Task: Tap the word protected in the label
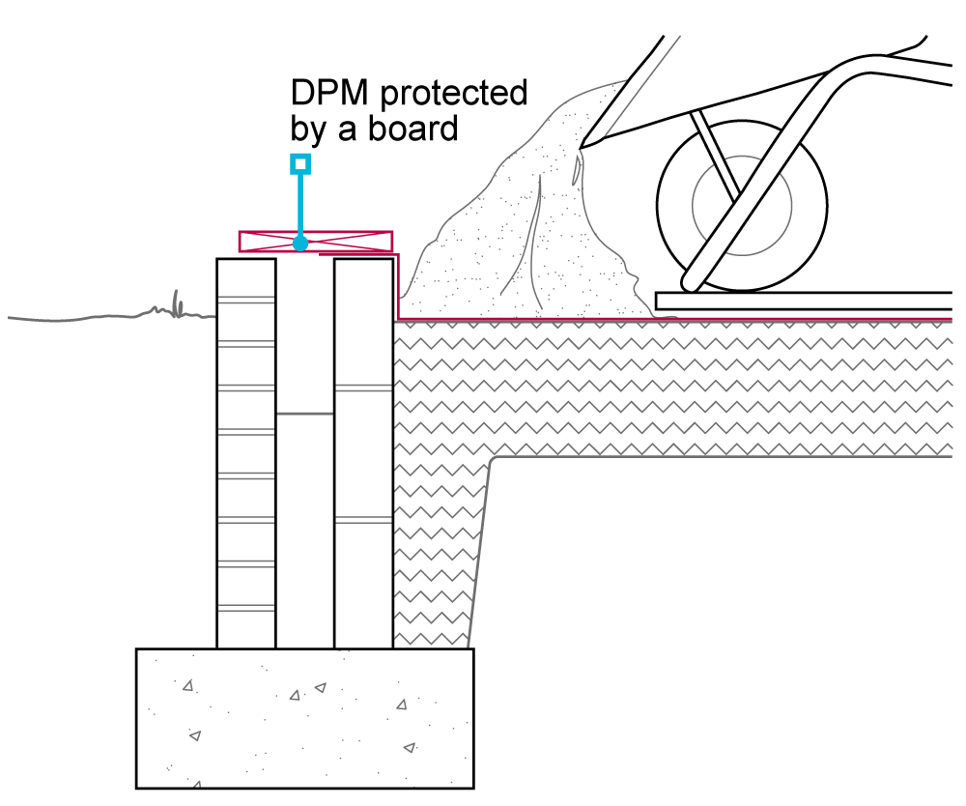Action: [454, 95]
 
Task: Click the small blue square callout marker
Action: [300, 163]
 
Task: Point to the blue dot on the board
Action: [300, 243]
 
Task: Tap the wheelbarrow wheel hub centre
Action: [742, 204]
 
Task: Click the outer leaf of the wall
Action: [245, 454]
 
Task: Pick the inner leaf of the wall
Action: [363, 454]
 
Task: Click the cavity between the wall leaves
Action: [304, 532]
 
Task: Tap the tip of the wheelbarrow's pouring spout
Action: [583, 147]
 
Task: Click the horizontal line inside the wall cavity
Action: [304, 414]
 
